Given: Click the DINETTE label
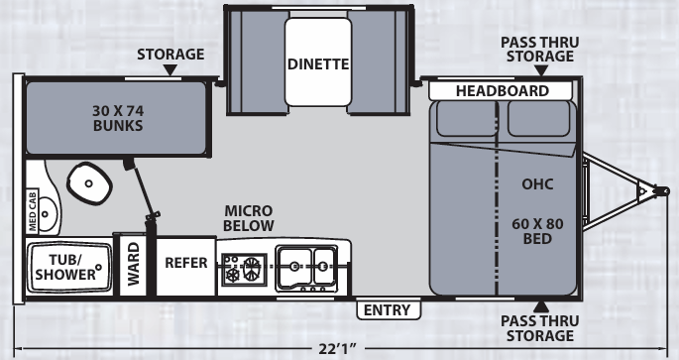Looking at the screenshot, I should [318, 64].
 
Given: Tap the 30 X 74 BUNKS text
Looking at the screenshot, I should [115, 118].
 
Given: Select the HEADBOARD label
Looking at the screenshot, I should [503, 91].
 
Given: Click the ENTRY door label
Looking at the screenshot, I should [388, 310].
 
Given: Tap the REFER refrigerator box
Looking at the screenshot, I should [185, 264].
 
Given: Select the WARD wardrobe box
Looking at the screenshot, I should [133, 265].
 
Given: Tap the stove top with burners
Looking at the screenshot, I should [244, 265].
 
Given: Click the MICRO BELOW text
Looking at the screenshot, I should [248, 219].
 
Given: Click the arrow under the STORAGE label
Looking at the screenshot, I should [170, 71].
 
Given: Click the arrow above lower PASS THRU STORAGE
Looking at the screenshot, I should [541, 305].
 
